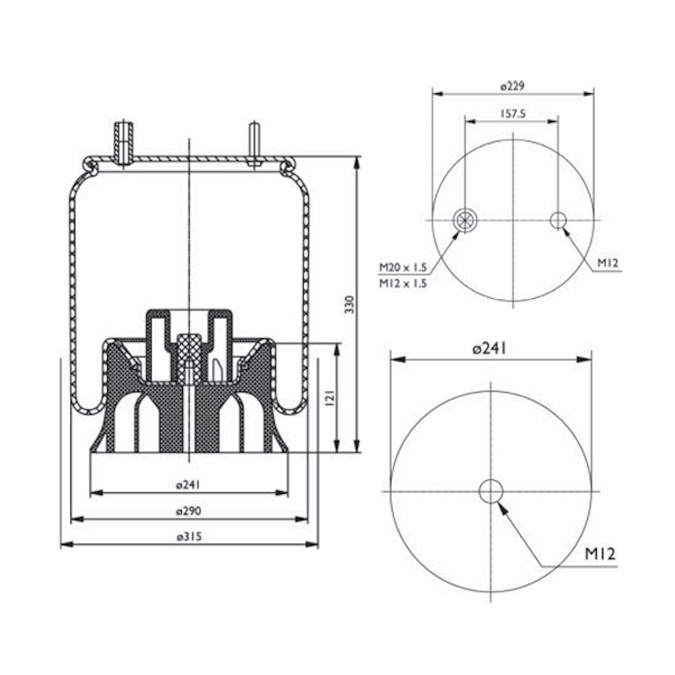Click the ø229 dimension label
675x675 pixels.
pos(512,86)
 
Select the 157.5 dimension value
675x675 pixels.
pos(512,114)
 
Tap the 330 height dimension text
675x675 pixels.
pos(350,304)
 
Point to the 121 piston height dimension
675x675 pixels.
pos(330,398)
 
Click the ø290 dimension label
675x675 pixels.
pos(189,511)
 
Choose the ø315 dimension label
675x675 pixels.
pos(189,537)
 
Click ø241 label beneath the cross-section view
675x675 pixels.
pos(189,485)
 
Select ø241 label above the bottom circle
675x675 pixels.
pos(490,348)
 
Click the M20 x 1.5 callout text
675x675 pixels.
pos(403,267)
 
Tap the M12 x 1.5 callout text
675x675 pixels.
pos(403,283)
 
